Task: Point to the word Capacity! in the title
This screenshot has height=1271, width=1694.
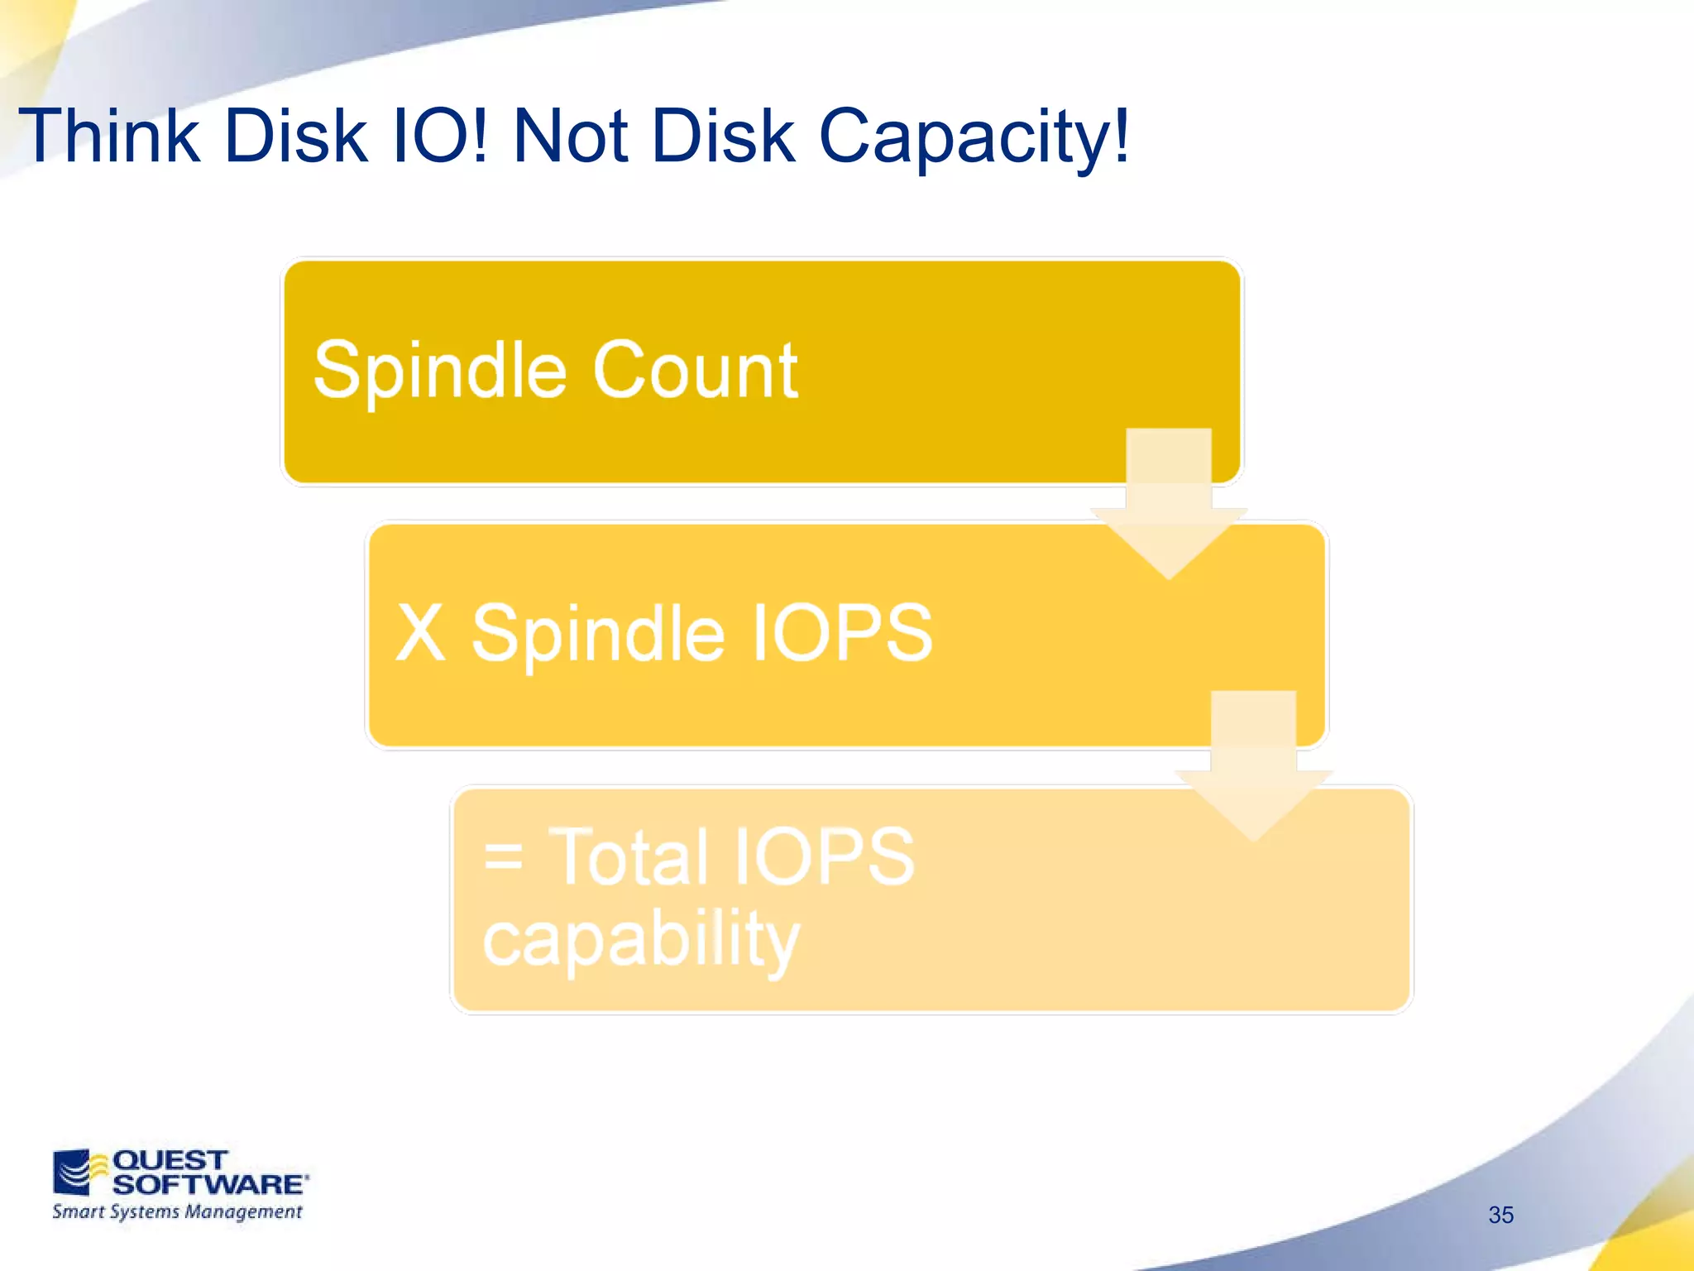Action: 973,137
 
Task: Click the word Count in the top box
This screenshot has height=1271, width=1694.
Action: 695,370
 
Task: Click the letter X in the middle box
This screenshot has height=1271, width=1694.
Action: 421,632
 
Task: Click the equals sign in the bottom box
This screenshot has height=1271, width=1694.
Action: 503,856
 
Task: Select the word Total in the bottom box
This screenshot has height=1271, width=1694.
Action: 629,856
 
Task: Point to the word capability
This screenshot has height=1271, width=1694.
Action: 641,940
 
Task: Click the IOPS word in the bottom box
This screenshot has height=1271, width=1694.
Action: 823,856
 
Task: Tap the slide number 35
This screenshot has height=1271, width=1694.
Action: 1500,1215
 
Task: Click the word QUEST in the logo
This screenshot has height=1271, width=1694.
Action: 170,1159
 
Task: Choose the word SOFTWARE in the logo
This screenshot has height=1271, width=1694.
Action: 208,1184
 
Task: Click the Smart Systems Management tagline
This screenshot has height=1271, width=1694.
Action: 177,1212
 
